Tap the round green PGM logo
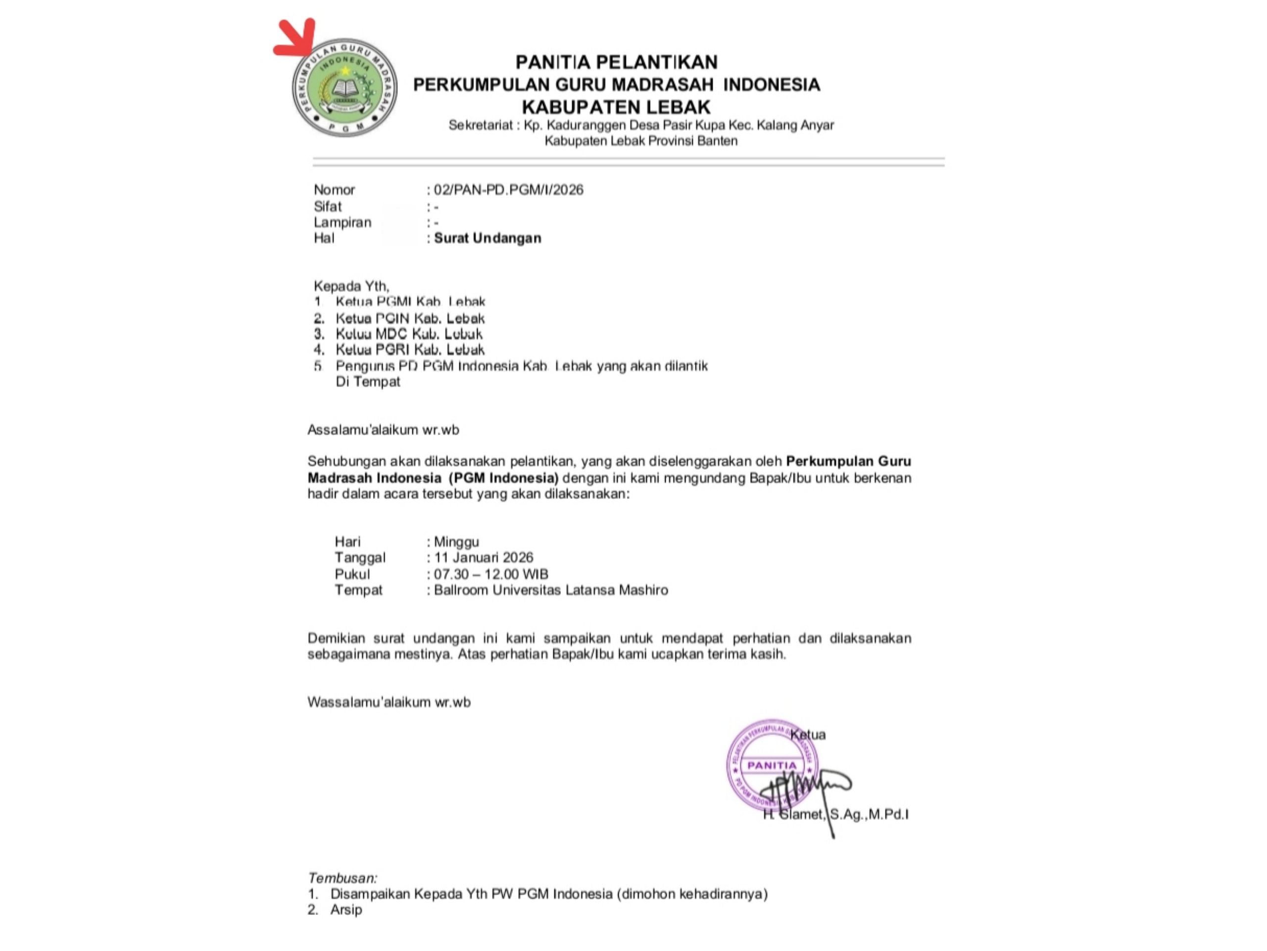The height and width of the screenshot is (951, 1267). (345, 88)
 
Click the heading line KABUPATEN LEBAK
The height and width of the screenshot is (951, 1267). (616, 107)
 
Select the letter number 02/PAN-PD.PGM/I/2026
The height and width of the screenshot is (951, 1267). (509, 190)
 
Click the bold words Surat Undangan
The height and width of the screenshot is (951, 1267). (487, 238)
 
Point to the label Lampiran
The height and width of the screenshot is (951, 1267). (342, 222)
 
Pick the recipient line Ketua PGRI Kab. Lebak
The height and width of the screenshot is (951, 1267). (410, 350)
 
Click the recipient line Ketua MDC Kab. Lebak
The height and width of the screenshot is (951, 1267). (409, 334)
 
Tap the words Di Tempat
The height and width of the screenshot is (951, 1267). (368, 382)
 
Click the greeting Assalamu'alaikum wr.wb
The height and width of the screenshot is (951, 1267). (383, 430)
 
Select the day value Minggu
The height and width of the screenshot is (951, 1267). (456, 542)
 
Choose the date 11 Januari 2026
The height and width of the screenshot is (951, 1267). (484, 557)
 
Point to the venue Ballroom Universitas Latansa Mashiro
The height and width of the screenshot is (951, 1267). (550, 590)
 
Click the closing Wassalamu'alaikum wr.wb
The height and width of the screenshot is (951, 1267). (389, 702)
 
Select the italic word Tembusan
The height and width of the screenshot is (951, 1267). (342, 878)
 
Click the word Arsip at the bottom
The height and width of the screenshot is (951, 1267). (346, 910)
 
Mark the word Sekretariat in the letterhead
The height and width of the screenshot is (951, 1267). (481, 125)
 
